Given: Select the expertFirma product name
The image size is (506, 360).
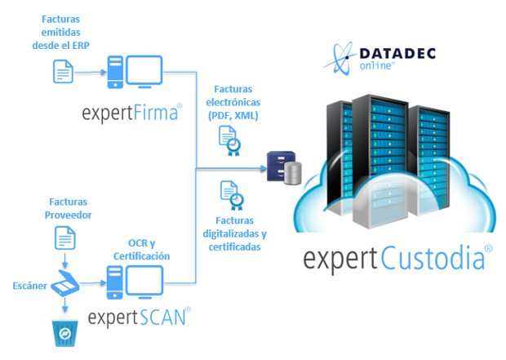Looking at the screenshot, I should [x=131, y=111].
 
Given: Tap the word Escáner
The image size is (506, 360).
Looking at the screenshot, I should [x=29, y=287].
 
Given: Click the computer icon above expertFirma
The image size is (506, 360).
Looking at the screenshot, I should [x=135, y=73].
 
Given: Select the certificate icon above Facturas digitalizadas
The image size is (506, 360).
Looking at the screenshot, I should [x=231, y=195].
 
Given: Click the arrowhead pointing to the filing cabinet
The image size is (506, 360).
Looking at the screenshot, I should [x=263, y=169].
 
